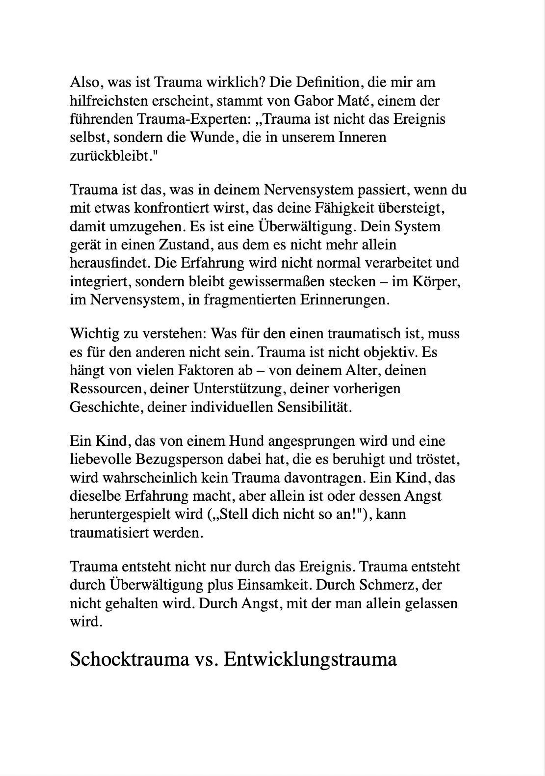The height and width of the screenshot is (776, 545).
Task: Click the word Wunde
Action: (x=209, y=137)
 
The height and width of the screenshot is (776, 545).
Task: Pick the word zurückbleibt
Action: (x=109, y=156)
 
